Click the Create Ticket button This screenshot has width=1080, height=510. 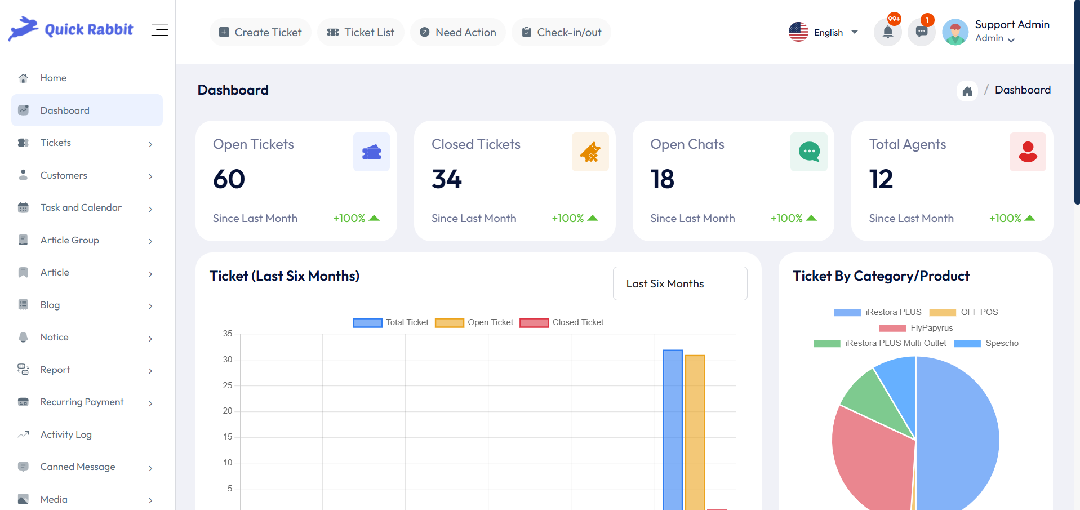[260, 32]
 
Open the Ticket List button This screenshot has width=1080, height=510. [361, 32]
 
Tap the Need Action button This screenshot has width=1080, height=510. [457, 32]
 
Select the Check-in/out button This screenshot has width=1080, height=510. [561, 32]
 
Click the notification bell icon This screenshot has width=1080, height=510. [887, 32]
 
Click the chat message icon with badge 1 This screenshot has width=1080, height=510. [922, 32]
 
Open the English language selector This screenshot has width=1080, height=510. [823, 32]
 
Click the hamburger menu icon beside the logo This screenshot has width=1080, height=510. [159, 29]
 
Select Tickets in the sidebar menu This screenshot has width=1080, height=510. [56, 143]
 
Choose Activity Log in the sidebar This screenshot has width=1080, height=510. [66, 434]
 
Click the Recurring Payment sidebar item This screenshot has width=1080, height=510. [82, 402]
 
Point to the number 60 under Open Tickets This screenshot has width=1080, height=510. [229, 179]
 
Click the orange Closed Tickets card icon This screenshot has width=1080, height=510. [590, 152]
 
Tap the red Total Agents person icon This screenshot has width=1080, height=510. [1028, 152]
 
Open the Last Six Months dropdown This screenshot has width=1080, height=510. [679, 283]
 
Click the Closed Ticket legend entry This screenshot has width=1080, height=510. [562, 322]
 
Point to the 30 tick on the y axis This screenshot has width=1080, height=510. [228, 360]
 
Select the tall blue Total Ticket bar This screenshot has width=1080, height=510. [673, 428]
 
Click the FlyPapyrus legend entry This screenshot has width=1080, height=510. [915, 328]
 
